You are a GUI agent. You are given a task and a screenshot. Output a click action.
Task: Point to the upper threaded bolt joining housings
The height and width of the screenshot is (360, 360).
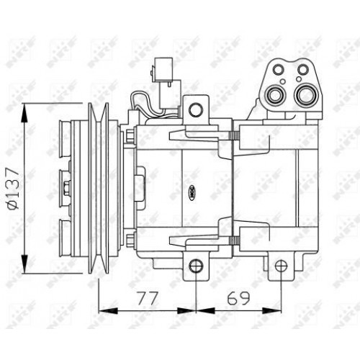[x=232, y=138]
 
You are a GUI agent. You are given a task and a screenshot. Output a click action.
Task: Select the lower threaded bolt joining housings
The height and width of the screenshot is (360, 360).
[x=232, y=241]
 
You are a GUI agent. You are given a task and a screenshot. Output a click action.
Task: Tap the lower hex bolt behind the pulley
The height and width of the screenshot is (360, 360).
[x=130, y=240]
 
